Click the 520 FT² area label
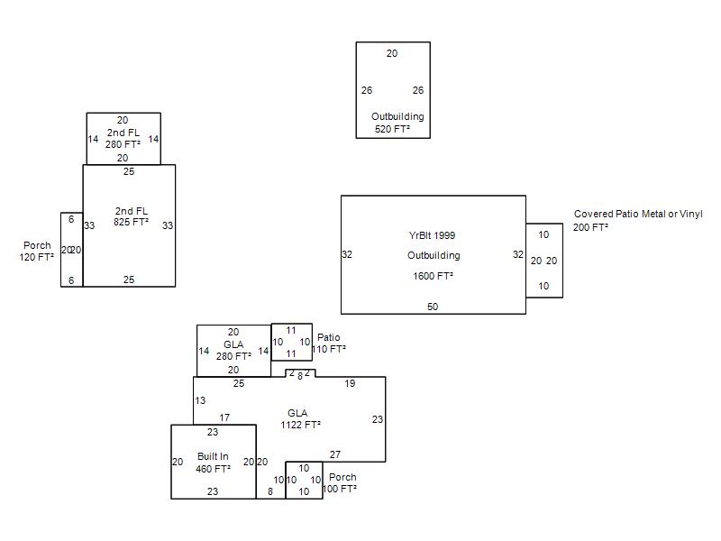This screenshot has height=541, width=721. (392, 130)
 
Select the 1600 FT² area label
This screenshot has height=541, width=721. (433, 277)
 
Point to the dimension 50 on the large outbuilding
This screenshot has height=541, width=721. (433, 307)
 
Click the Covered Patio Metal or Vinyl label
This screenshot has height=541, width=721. (638, 215)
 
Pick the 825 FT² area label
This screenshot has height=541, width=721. (132, 223)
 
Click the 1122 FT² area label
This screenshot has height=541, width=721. (300, 425)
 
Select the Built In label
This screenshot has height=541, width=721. (213, 457)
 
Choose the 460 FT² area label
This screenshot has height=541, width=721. (213, 469)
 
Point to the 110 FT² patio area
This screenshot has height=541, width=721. (329, 349)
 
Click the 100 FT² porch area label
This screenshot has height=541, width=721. (340, 489)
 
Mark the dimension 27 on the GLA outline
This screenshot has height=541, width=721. (335, 455)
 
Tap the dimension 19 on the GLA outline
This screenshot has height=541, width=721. (350, 384)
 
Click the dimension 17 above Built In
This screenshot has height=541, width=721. (224, 418)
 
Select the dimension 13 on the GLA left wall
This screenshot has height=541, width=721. (200, 401)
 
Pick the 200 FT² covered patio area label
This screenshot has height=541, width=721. (590, 227)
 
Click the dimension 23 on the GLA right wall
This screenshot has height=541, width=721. (378, 419)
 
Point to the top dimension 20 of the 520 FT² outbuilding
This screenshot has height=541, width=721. (392, 54)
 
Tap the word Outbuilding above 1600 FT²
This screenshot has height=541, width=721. (434, 256)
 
